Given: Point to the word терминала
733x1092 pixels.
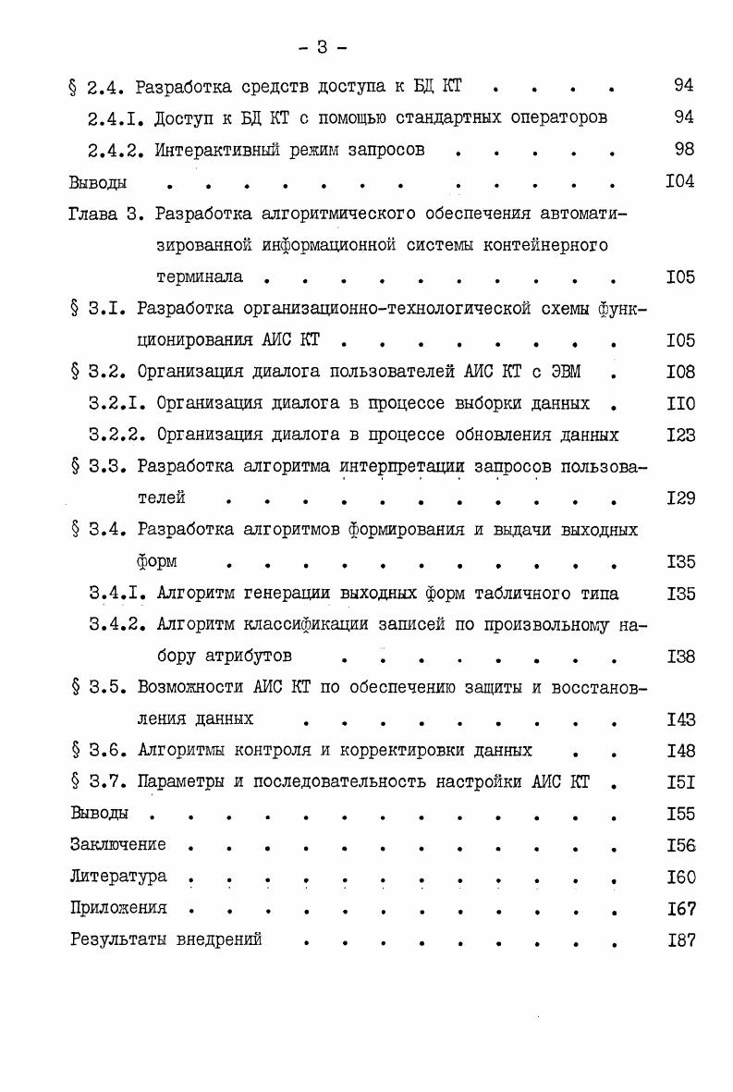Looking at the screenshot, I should click(x=200, y=276).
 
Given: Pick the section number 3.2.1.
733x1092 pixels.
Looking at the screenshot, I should click(x=117, y=403).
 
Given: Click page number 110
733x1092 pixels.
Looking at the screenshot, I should click(x=679, y=404).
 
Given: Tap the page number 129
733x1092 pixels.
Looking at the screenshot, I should click(x=679, y=498).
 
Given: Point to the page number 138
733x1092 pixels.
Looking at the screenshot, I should click(x=679, y=656).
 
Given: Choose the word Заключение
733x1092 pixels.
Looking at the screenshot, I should click(x=118, y=844).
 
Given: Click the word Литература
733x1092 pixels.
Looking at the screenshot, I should click(x=118, y=877).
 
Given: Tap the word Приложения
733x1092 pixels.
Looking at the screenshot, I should click(x=118, y=908).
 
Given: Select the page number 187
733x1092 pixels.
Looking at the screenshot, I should click(x=679, y=939).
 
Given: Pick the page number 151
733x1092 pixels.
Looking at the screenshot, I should click(x=679, y=782).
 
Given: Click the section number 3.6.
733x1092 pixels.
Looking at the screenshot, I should click(x=109, y=750).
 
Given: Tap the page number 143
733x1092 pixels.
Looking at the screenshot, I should click(x=679, y=719).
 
